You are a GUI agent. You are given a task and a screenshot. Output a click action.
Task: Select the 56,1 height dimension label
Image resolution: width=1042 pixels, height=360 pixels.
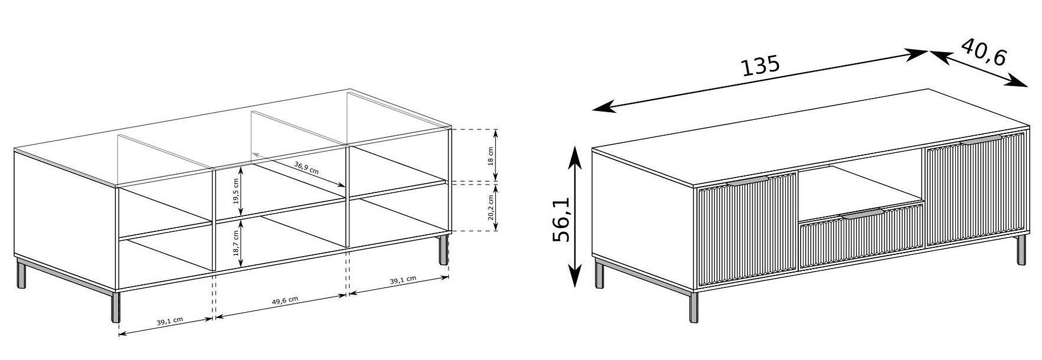point(562,220)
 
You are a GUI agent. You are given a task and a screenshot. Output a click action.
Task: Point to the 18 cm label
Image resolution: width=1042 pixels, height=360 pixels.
point(491,155)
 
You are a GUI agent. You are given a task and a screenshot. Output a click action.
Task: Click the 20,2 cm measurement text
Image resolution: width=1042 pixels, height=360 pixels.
point(491,207)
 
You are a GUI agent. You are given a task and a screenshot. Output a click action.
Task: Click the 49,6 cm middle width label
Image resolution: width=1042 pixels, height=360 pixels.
point(285,300)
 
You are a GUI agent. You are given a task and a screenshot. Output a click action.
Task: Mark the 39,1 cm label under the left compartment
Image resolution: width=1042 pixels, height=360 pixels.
point(170,322)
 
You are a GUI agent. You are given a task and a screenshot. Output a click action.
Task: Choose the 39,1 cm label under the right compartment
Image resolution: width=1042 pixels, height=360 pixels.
point(403,280)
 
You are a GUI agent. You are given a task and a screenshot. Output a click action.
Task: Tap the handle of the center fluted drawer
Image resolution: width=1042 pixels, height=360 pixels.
point(863,214)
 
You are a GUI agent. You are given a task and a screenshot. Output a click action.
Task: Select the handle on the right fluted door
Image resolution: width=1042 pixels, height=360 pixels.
point(981,139)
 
